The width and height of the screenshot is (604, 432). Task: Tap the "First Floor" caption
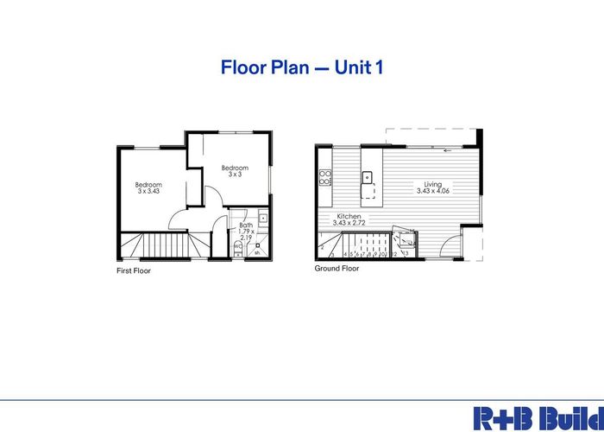tap(135, 270)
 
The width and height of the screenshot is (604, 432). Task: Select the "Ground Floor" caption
tap(337, 268)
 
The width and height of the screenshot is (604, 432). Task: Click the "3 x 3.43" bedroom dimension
tap(148, 191)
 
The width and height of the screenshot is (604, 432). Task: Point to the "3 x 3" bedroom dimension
tap(235, 175)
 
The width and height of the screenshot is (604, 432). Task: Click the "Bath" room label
tap(245, 225)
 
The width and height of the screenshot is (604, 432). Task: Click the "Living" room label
tap(433, 184)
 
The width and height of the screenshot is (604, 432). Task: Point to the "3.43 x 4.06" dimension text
tap(433, 191)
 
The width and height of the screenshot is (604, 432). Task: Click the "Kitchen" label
tap(349, 216)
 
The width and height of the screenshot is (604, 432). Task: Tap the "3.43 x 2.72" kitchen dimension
tap(349, 223)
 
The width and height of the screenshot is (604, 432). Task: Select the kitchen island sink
tap(367, 178)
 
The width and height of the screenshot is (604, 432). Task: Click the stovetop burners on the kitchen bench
tap(325, 179)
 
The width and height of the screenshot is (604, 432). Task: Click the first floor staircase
tap(164, 247)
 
